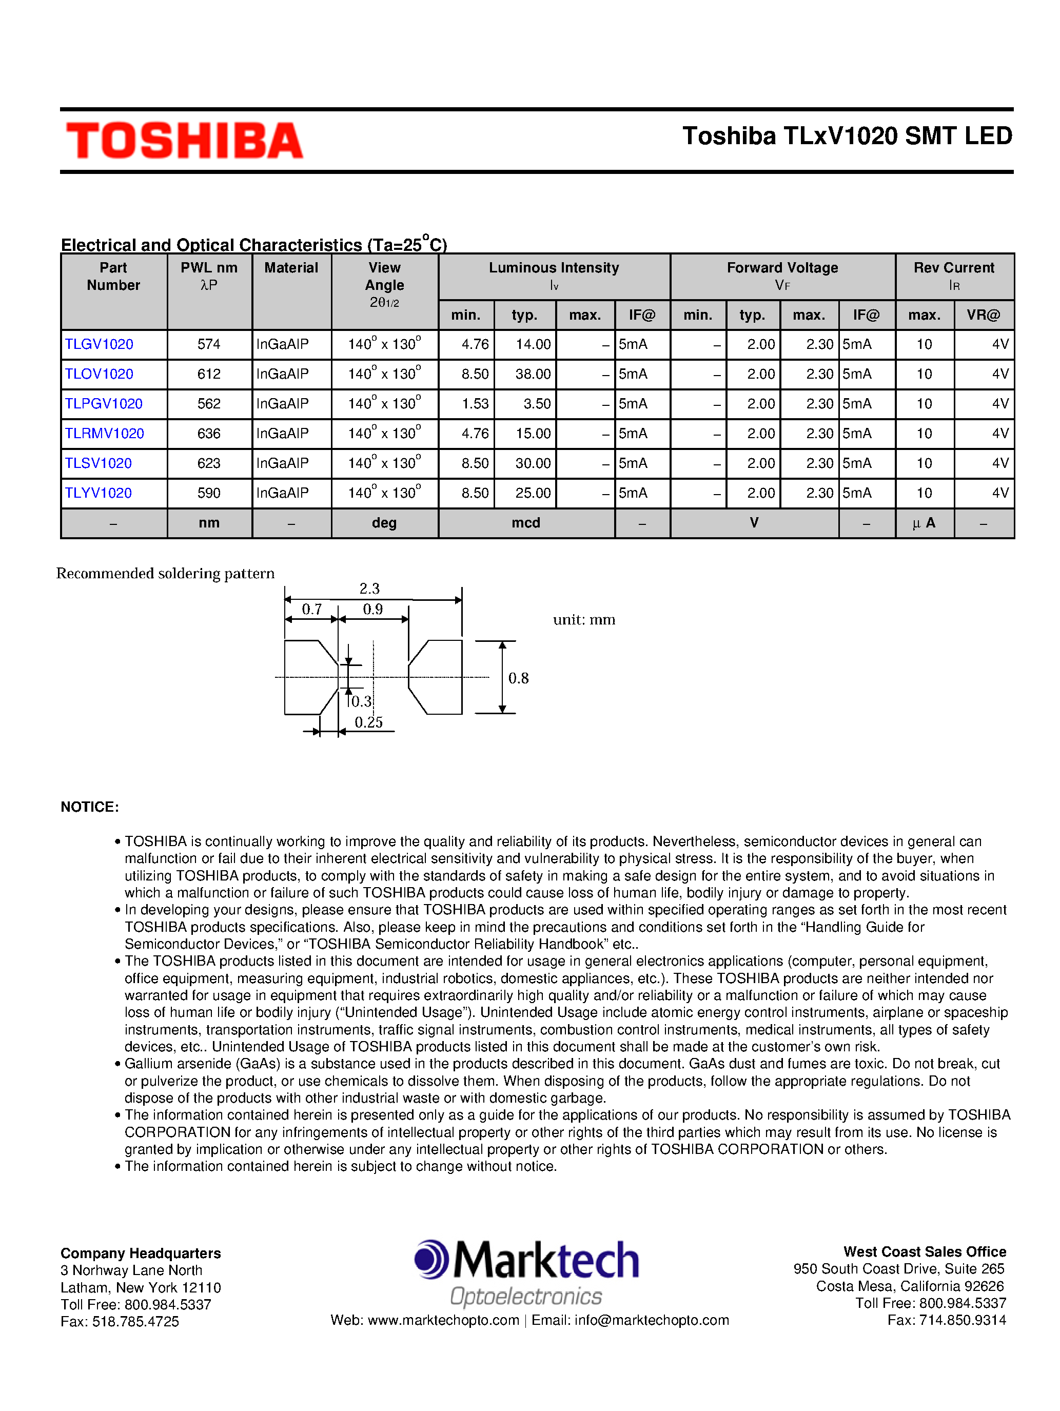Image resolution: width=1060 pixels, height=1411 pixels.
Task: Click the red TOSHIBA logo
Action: (x=184, y=141)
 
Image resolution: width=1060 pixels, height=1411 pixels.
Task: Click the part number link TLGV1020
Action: (x=99, y=344)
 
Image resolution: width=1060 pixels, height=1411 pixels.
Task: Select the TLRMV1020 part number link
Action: (x=104, y=434)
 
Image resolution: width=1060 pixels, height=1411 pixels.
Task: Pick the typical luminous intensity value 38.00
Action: (x=533, y=375)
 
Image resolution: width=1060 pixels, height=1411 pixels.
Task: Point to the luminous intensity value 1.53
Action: (x=475, y=404)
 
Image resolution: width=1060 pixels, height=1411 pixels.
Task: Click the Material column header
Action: (x=291, y=268)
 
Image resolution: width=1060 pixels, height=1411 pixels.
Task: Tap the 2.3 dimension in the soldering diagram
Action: (x=369, y=588)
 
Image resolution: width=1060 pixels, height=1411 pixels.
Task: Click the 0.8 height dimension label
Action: (x=518, y=678)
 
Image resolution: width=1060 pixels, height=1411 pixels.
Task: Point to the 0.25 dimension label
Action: (x=369, y=722)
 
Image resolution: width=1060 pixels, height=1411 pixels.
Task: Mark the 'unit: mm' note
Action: (x=583, y=620)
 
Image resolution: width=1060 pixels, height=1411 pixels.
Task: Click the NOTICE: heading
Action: (x=90, y=807)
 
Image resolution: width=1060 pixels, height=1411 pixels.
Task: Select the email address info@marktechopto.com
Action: (x=651, y=1320)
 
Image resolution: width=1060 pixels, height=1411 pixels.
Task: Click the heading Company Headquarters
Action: (x=140, y=1253)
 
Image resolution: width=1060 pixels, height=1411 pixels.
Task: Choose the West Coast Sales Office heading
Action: (x=924, y=1251)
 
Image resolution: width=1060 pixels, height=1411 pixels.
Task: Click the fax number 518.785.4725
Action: (x=135, y=1322)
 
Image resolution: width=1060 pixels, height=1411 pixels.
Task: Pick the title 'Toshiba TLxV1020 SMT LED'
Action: (x=847, y=136)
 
